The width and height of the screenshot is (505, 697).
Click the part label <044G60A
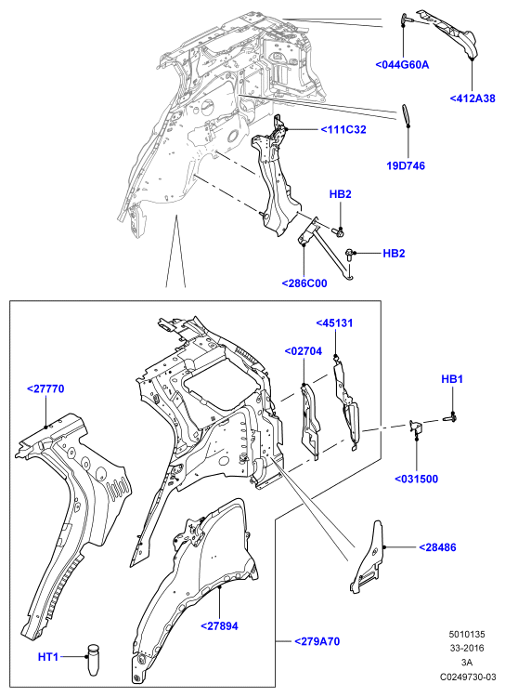(402, 65)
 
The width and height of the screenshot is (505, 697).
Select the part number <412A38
(473, 99)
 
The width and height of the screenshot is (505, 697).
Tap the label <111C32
(343, 130)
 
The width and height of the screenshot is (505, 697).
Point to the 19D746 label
(406, 165)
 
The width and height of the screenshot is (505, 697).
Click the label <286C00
(304, 283)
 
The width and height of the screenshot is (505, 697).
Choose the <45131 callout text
(334, 323)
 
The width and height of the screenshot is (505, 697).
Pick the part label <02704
(304, 351)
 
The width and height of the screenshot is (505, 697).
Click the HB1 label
(452, 379)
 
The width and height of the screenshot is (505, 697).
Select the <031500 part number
(416, 479)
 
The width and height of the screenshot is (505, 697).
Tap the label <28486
(437, 547)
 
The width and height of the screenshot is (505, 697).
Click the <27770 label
(45, 388)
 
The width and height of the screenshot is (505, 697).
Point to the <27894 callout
(219, 625)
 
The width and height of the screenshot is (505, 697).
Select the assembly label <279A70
(317, 641)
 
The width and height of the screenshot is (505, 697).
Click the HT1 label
(48, 656)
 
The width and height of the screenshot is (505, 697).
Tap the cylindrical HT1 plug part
(93, 660)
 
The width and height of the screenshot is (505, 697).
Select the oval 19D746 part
(406, 115)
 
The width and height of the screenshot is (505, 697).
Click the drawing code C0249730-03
(468, 677)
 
